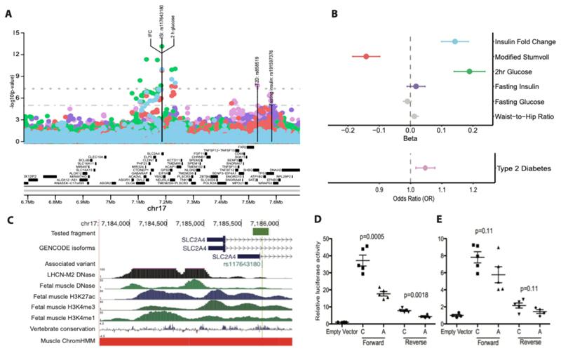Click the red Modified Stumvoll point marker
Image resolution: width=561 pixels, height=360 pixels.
[x=365, y=55]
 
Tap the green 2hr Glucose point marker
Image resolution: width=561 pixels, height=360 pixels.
[x=469, y=71]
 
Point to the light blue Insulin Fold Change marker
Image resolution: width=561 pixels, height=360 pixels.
[x=454, y=41]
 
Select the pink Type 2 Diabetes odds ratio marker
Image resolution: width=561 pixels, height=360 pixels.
[x=424, y=168]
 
